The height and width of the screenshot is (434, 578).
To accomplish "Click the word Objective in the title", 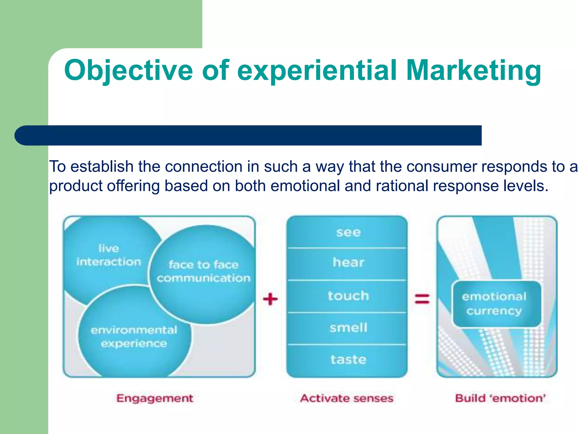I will (128, 71).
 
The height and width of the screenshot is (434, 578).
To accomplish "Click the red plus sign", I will (270, 299).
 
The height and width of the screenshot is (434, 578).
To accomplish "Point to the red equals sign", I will (422, 299).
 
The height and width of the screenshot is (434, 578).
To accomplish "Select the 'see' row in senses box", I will (348, 233).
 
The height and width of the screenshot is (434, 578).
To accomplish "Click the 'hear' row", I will (348, 263).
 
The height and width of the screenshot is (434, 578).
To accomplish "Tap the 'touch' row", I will (348, 296).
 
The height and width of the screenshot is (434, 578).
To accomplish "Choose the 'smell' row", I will (348, 328).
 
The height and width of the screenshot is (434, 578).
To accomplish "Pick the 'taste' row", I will (348, 360).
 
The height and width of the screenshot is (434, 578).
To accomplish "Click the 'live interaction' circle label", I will (109, 255).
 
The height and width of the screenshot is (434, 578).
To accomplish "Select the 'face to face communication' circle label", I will (203, 271).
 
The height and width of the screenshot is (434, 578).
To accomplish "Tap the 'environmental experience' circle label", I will (134, 337).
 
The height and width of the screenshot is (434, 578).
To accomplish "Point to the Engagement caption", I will (155, 398).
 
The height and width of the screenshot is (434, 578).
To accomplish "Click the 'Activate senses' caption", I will (347, 398).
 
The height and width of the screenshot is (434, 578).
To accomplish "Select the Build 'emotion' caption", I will (500, 398).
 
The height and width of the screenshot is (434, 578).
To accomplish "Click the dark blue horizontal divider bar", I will (248, 135).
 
